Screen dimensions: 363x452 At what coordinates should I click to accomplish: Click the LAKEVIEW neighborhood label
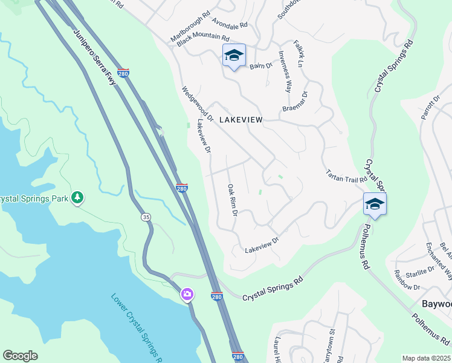tap(241, 120)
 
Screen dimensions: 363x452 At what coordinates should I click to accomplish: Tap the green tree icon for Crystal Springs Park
tap(77, 197)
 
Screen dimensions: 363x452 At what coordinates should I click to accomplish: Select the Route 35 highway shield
tap(146, 217)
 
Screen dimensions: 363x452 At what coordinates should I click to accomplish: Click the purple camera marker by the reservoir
tap(187, 295)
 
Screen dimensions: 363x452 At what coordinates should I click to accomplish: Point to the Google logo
tap(20, 356)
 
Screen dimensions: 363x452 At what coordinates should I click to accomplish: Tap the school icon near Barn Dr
tap(234, 56)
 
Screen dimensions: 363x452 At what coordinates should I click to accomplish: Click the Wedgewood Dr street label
tap(198, 104)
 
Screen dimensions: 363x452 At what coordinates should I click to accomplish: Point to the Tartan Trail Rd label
tap(346, 176)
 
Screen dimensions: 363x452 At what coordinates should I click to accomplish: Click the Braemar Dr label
tap(295, 102)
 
